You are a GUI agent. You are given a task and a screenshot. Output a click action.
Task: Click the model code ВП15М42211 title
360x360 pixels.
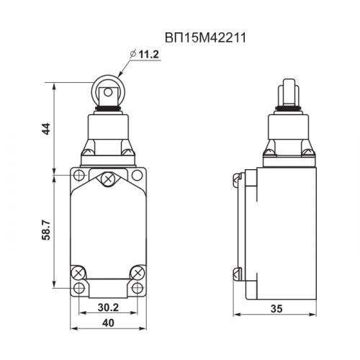tap(205, 38)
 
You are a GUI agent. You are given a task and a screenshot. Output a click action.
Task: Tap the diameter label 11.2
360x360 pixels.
tap(149, 55)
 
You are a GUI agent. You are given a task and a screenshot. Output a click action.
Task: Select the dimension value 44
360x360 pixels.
tap(46, 129)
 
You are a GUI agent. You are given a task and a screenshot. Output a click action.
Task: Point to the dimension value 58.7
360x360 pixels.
tap(46, 230)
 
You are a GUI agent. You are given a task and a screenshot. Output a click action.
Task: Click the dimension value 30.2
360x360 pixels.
tap(108, 307)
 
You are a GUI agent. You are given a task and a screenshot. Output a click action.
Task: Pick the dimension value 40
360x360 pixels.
tap(108, 323)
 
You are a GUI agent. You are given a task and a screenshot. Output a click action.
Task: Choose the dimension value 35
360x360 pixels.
tap(276, 309)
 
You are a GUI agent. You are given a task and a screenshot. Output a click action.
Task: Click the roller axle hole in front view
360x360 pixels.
tap(108, 92)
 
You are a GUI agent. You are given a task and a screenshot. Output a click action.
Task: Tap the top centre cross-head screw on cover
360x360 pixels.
tap(108, 179)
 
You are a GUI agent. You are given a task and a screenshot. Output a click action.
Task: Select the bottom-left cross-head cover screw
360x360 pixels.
tap(78, 273)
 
